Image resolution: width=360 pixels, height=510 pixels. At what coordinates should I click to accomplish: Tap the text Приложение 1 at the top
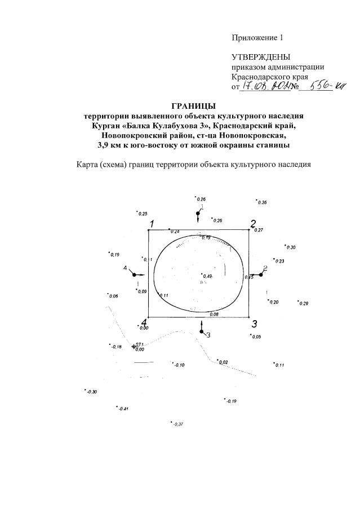click(256, 38)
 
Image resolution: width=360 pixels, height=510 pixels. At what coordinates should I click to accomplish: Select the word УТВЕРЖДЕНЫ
click(261, 57)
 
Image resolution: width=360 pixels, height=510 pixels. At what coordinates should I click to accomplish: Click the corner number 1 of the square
click(151, 225)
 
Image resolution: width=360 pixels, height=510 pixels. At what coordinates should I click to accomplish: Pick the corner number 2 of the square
click(254, 223)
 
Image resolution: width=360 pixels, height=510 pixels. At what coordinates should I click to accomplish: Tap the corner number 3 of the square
click(255, 324)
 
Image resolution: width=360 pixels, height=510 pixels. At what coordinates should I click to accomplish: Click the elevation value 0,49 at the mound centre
click(207, 276)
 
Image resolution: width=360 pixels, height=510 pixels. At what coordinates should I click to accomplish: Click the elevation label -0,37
click(178, 424)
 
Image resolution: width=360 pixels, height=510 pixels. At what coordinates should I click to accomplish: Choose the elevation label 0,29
click(304, 304)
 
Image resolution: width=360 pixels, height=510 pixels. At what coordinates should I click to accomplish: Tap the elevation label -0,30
click(91, 392)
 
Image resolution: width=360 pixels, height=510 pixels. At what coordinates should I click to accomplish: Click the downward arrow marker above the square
click(198, 215)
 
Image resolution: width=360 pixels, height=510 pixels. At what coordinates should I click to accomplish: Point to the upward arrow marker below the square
click(202, 330)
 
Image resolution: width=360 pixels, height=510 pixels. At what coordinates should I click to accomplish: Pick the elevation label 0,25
click(143, 214)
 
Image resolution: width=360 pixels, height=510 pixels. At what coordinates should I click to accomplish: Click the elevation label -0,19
click(230, 401)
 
